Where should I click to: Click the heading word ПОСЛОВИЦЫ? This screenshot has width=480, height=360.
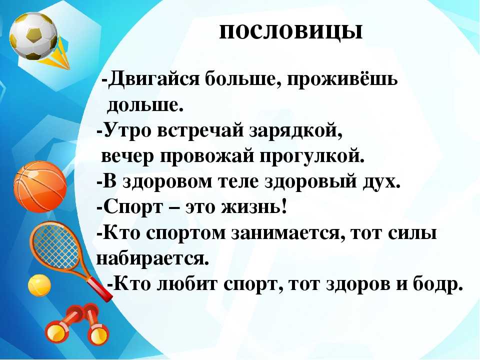pyautogui.click(x=291, y=31)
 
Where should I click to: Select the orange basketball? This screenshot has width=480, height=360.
pyautogui.click(x=40, y=187)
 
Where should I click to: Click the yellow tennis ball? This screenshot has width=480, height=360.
pyautogui.click(x=39, y=285)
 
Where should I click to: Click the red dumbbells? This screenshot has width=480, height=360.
pyautogui.click(x=78, y=324)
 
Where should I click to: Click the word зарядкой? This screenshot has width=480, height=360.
pyautogui.click(x=296, y=130)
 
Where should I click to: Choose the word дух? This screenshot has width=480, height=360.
pyautogui.click(x=381, y=181)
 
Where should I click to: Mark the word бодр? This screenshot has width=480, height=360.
pyautogui.click(x=437, y=284)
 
